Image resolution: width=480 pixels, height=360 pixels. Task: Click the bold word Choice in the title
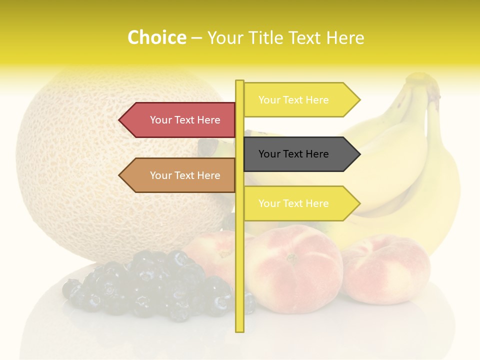[156, 37]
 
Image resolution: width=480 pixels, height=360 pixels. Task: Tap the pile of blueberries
[150, 285]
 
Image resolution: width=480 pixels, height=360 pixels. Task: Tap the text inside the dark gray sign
[293, 154]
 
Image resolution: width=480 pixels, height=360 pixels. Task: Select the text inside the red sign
[185, 120]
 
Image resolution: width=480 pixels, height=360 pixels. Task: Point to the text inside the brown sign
[185, 175]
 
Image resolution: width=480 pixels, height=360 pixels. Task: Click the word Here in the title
[345, 37]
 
